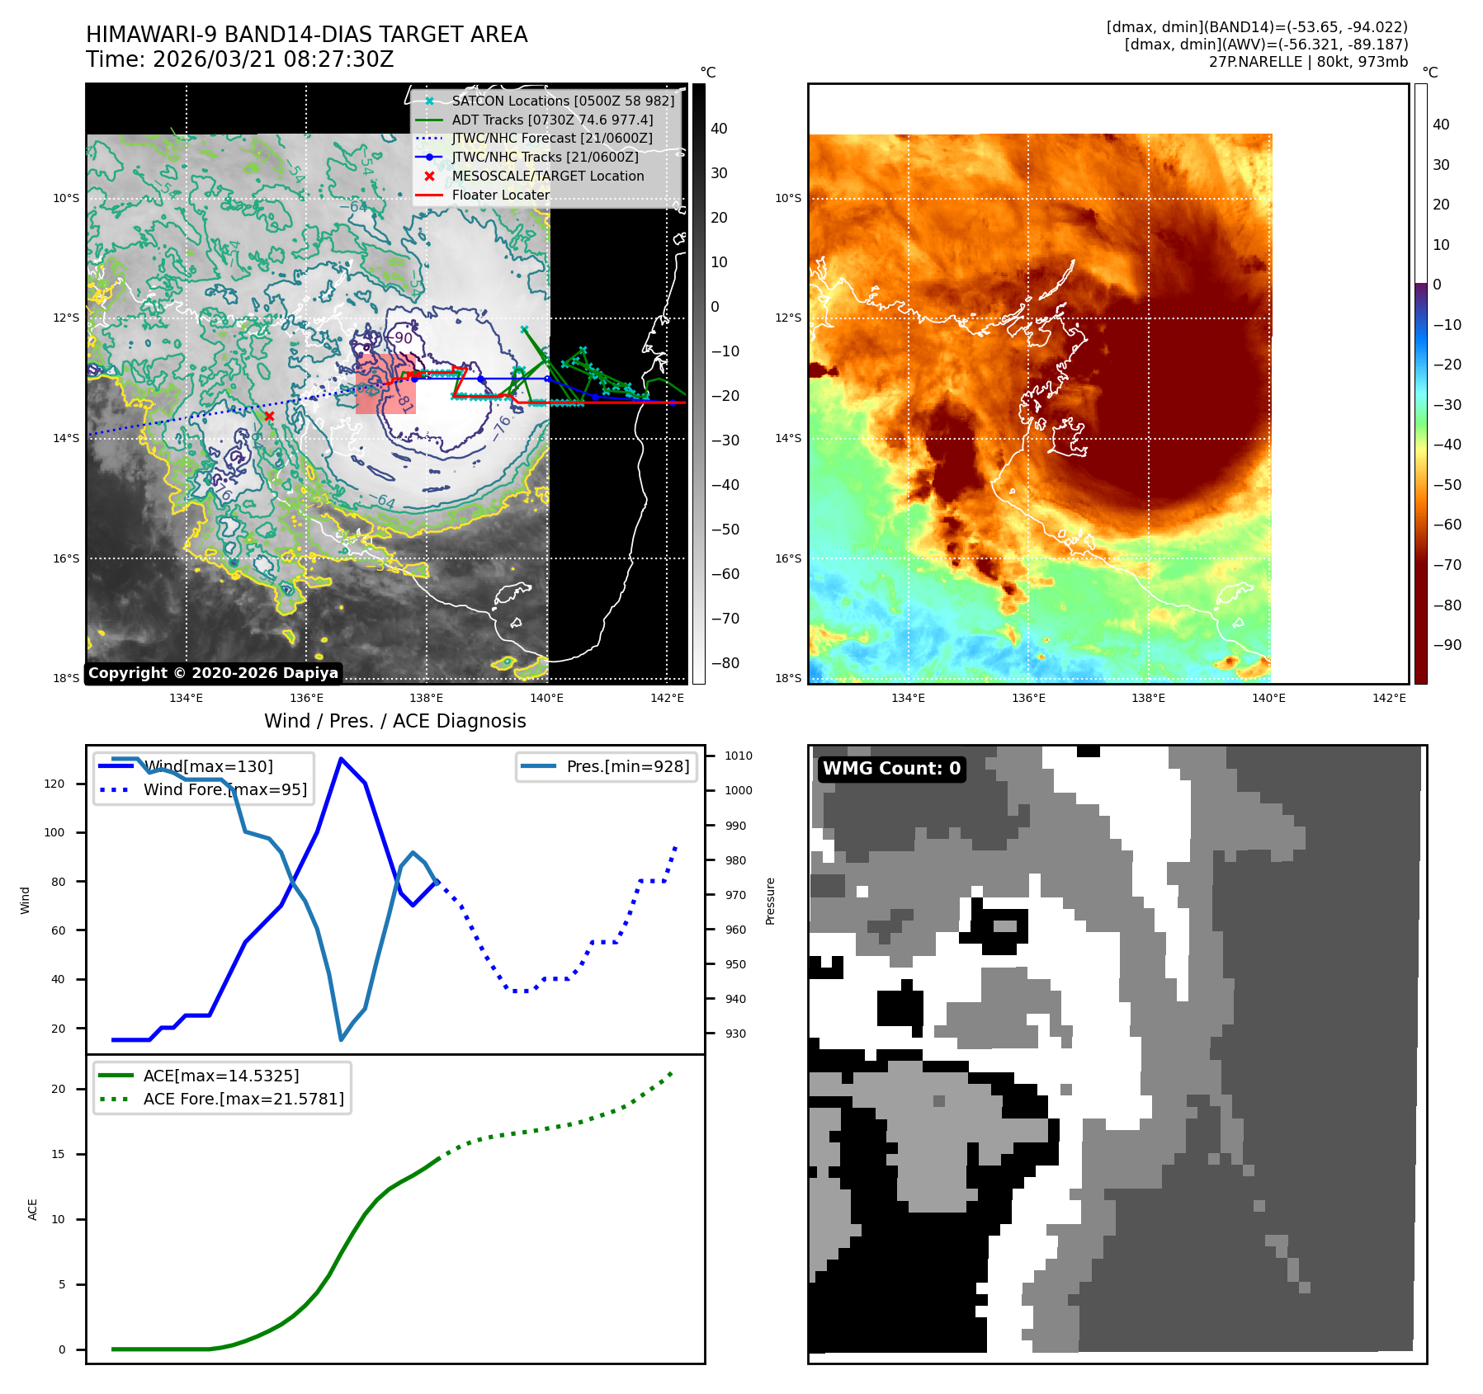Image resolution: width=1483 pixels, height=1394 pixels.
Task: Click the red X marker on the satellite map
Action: (269, 416)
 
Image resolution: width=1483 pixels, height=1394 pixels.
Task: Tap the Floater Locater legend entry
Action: (500, 195)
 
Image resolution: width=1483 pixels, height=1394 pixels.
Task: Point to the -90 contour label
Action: (404, 338)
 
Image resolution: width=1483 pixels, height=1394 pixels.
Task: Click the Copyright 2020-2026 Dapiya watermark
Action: (213, 673)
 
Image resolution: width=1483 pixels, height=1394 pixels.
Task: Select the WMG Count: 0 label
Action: (891, 769)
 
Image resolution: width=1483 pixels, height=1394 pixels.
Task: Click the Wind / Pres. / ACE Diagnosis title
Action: (394, 721)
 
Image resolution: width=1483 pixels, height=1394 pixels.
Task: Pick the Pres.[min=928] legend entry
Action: (627, 766)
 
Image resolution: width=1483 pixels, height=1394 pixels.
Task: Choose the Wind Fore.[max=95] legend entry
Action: (224, 789)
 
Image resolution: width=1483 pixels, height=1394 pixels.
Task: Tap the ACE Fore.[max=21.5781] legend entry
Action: (243, 1099)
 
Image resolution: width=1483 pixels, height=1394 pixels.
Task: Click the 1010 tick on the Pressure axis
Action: (738, 756)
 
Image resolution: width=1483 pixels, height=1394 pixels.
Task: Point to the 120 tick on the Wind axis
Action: (54, 784)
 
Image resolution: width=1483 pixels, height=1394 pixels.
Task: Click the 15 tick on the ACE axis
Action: (58, 1154)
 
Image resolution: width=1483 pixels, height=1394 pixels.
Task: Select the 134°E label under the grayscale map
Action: (187, 698)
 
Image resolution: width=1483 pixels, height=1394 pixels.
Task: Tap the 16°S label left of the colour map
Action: (788, 558)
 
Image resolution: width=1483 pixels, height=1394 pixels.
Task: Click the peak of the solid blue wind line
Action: (341, 759)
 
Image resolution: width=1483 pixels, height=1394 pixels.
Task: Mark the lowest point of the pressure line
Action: (341, 1039)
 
